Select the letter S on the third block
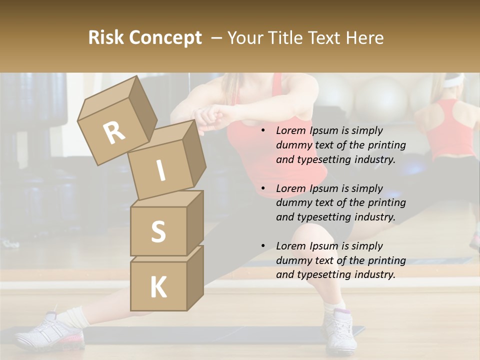click(158, 231)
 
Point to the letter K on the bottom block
click(158, 287)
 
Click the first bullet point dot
click(263, 131)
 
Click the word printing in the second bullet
click(387, 203)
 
